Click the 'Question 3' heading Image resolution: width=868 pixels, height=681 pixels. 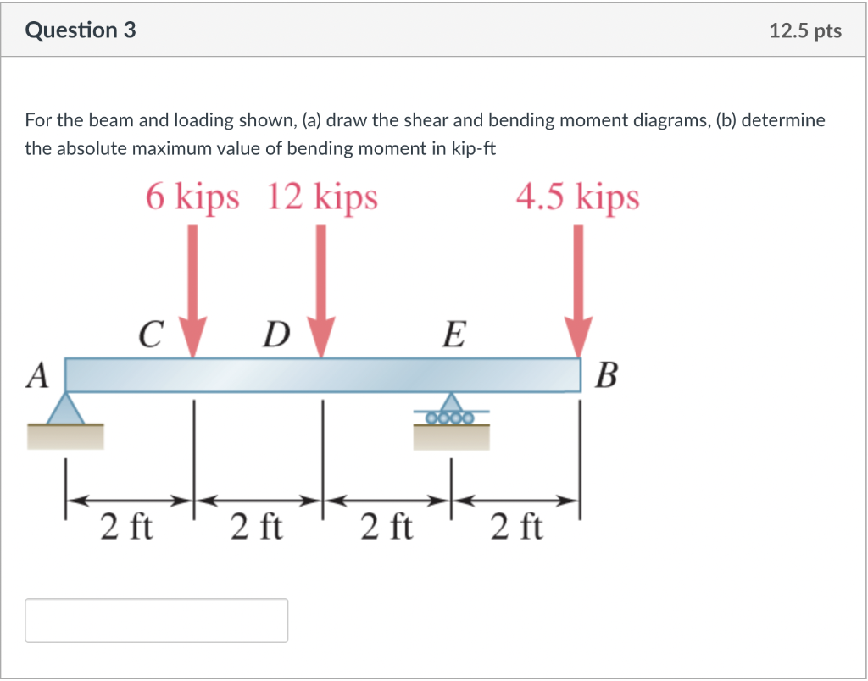(81, 30)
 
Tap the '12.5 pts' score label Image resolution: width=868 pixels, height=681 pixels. (805, 31)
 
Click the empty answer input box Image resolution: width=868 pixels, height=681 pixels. (157, 620)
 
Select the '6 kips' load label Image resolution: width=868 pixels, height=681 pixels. (192, 197)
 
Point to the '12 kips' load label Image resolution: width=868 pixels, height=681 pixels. (322, 197)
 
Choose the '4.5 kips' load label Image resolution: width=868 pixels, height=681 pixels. (577, 197)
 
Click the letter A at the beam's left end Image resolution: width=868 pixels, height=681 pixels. (36, 375)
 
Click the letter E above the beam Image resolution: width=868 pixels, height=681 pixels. (453, 335)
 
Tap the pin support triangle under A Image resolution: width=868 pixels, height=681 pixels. (65, 408)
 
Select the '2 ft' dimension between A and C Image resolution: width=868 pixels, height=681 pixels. (126, 527)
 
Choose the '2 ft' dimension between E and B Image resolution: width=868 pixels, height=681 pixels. (516, 527)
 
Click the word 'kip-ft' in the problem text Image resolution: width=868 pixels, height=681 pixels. (470, 149)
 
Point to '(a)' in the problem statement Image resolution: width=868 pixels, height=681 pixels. (312, 120)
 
